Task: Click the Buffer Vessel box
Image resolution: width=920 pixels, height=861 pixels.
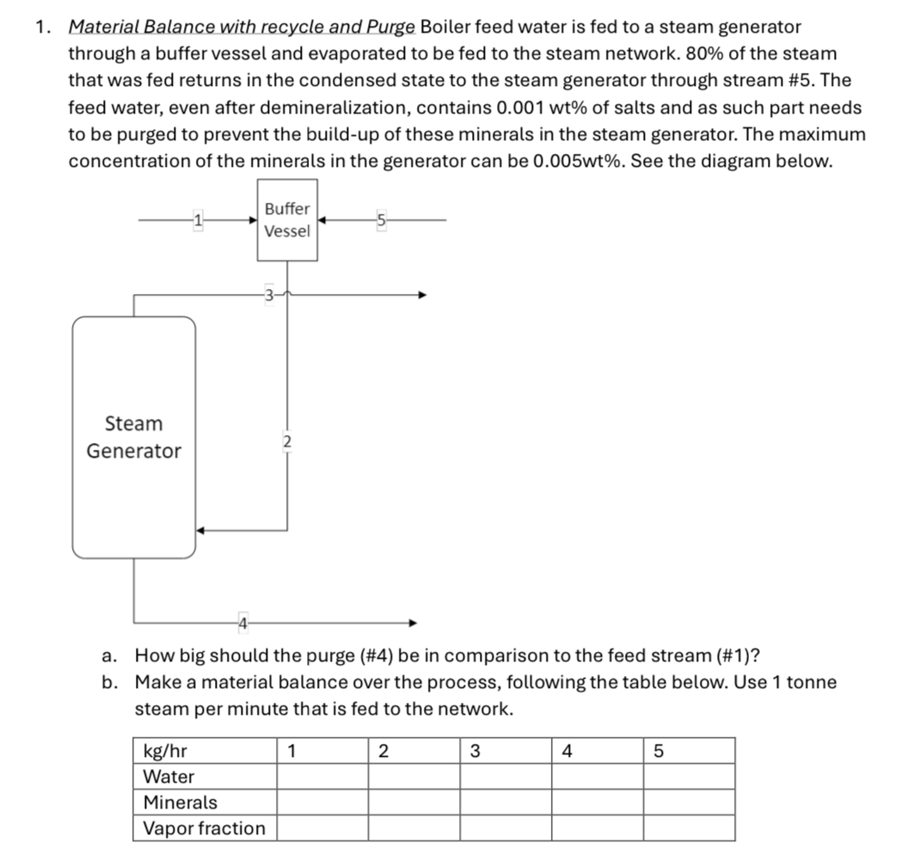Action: point(287,220)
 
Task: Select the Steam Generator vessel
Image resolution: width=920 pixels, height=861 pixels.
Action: point(134,437)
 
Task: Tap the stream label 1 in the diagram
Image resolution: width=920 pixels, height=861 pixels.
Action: point(198,220)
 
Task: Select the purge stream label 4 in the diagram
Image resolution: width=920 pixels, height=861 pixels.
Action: point(243,621)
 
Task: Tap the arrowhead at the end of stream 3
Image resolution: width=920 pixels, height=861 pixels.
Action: point(421,295)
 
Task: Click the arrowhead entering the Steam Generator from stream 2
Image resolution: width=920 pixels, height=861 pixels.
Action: point(201,530)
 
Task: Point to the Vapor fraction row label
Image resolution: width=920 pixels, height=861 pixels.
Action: point(204,828)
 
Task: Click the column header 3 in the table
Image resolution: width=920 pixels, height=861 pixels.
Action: point(475,751)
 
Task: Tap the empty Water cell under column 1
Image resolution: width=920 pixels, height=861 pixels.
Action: point(322,777)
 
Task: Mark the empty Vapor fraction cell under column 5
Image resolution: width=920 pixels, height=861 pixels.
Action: point(689,828)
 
